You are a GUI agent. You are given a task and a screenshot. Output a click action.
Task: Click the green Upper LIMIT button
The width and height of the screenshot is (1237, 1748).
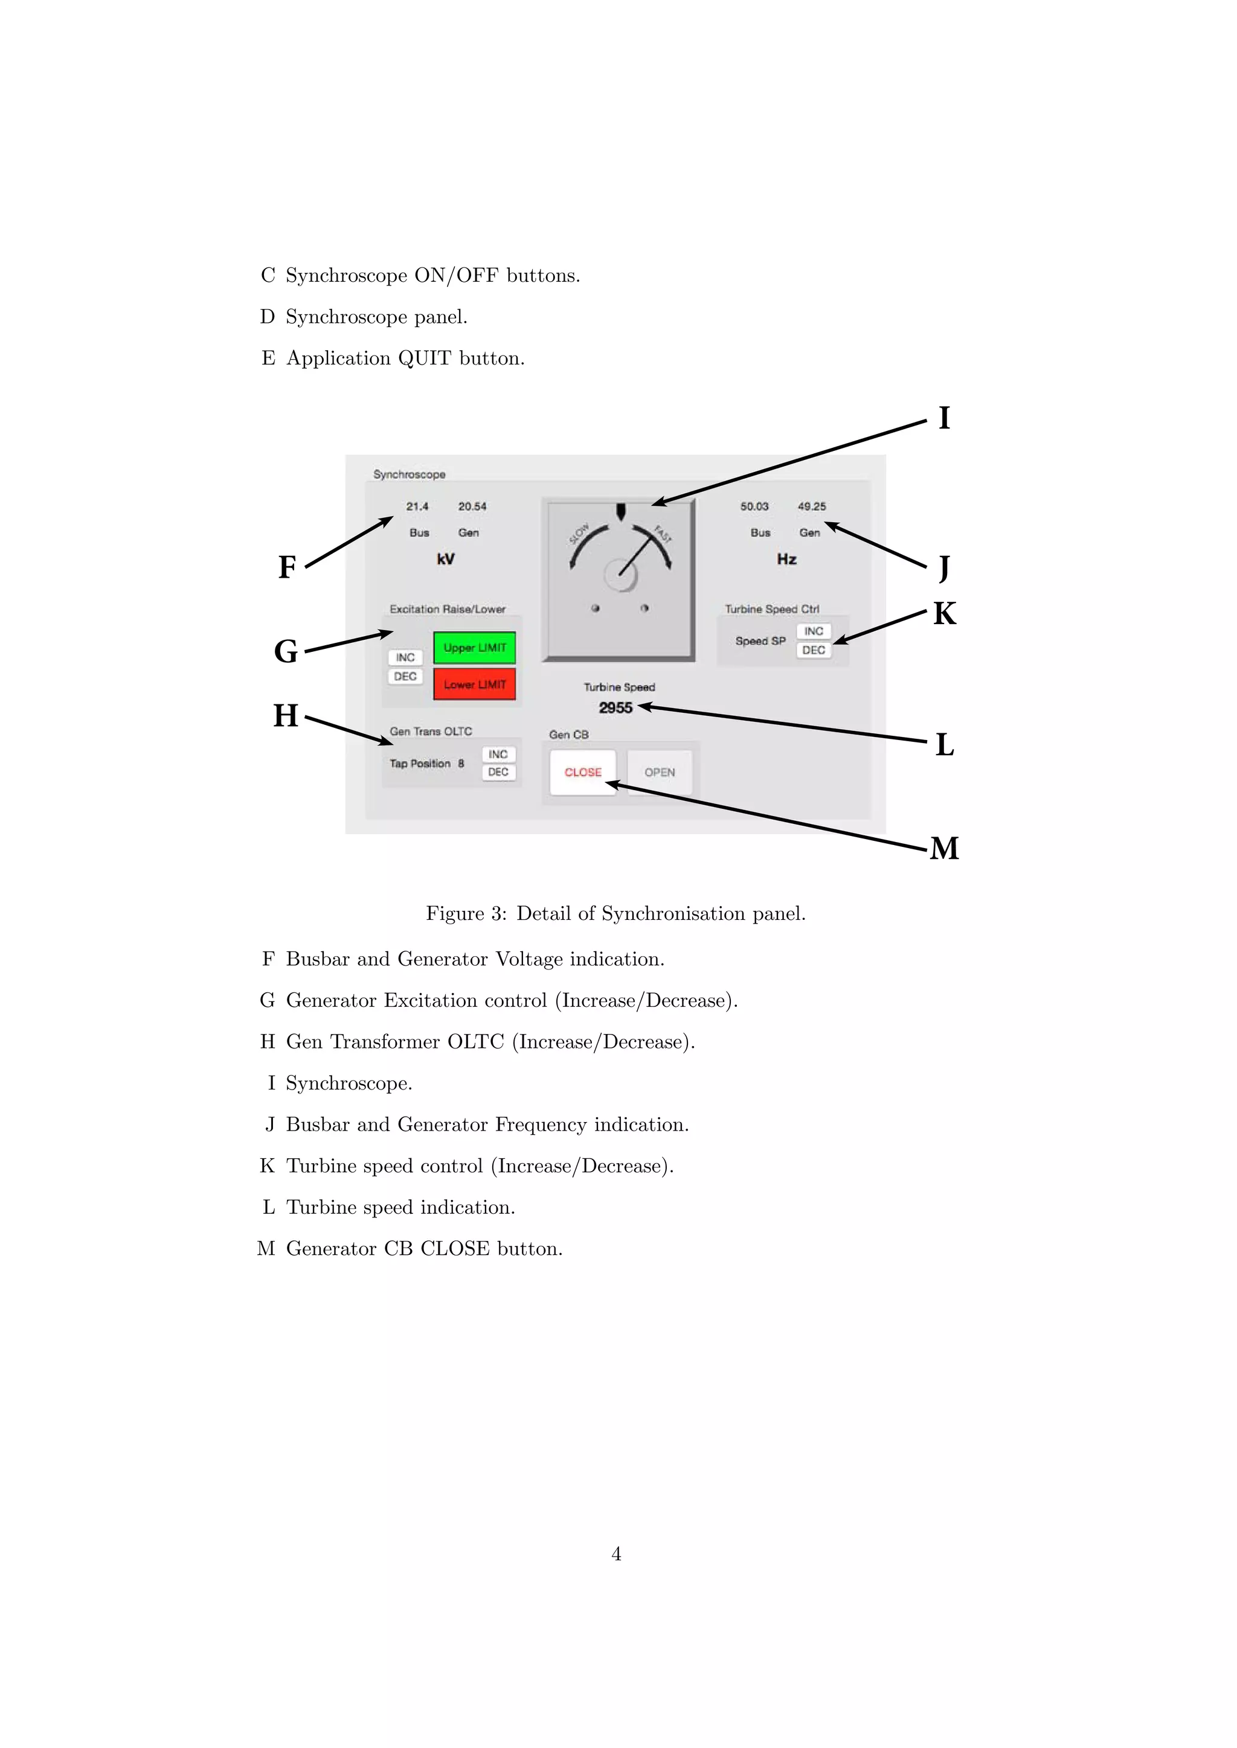(475, 648)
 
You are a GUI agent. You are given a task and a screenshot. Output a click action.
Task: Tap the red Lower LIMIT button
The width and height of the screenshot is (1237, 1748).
(475, 684)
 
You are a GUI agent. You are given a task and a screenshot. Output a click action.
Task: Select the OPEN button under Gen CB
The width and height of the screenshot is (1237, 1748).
(660, 772)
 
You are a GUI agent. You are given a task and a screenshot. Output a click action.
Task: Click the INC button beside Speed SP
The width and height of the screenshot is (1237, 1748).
(814, 631)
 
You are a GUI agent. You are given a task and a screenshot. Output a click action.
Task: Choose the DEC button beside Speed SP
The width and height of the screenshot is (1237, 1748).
(814, 650)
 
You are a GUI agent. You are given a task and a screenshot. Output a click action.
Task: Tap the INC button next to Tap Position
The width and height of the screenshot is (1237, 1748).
(498, 754)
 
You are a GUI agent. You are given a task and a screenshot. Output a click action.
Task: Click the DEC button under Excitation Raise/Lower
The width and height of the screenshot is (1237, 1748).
(405, 676)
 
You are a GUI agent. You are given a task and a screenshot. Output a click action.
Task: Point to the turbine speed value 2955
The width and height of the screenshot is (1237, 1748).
(615, 708)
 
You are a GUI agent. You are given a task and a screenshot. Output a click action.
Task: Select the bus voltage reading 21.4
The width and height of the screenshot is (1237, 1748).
(417, 506)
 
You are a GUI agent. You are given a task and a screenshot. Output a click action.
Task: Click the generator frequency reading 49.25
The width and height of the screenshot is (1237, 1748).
(812, 506)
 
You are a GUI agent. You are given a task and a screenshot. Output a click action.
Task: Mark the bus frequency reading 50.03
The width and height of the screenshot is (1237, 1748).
(754, 506)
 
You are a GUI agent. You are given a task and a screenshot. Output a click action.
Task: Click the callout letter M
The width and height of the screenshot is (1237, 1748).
(945, 848)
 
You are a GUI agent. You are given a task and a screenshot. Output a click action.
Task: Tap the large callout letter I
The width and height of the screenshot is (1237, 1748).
(945, 418)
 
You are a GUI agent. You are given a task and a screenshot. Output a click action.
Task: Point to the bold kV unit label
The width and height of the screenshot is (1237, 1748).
(446, 559)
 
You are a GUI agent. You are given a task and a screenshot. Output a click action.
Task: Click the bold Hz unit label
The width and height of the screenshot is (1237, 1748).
(787, 559)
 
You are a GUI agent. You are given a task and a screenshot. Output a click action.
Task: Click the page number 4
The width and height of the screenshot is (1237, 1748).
(616, 1554)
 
